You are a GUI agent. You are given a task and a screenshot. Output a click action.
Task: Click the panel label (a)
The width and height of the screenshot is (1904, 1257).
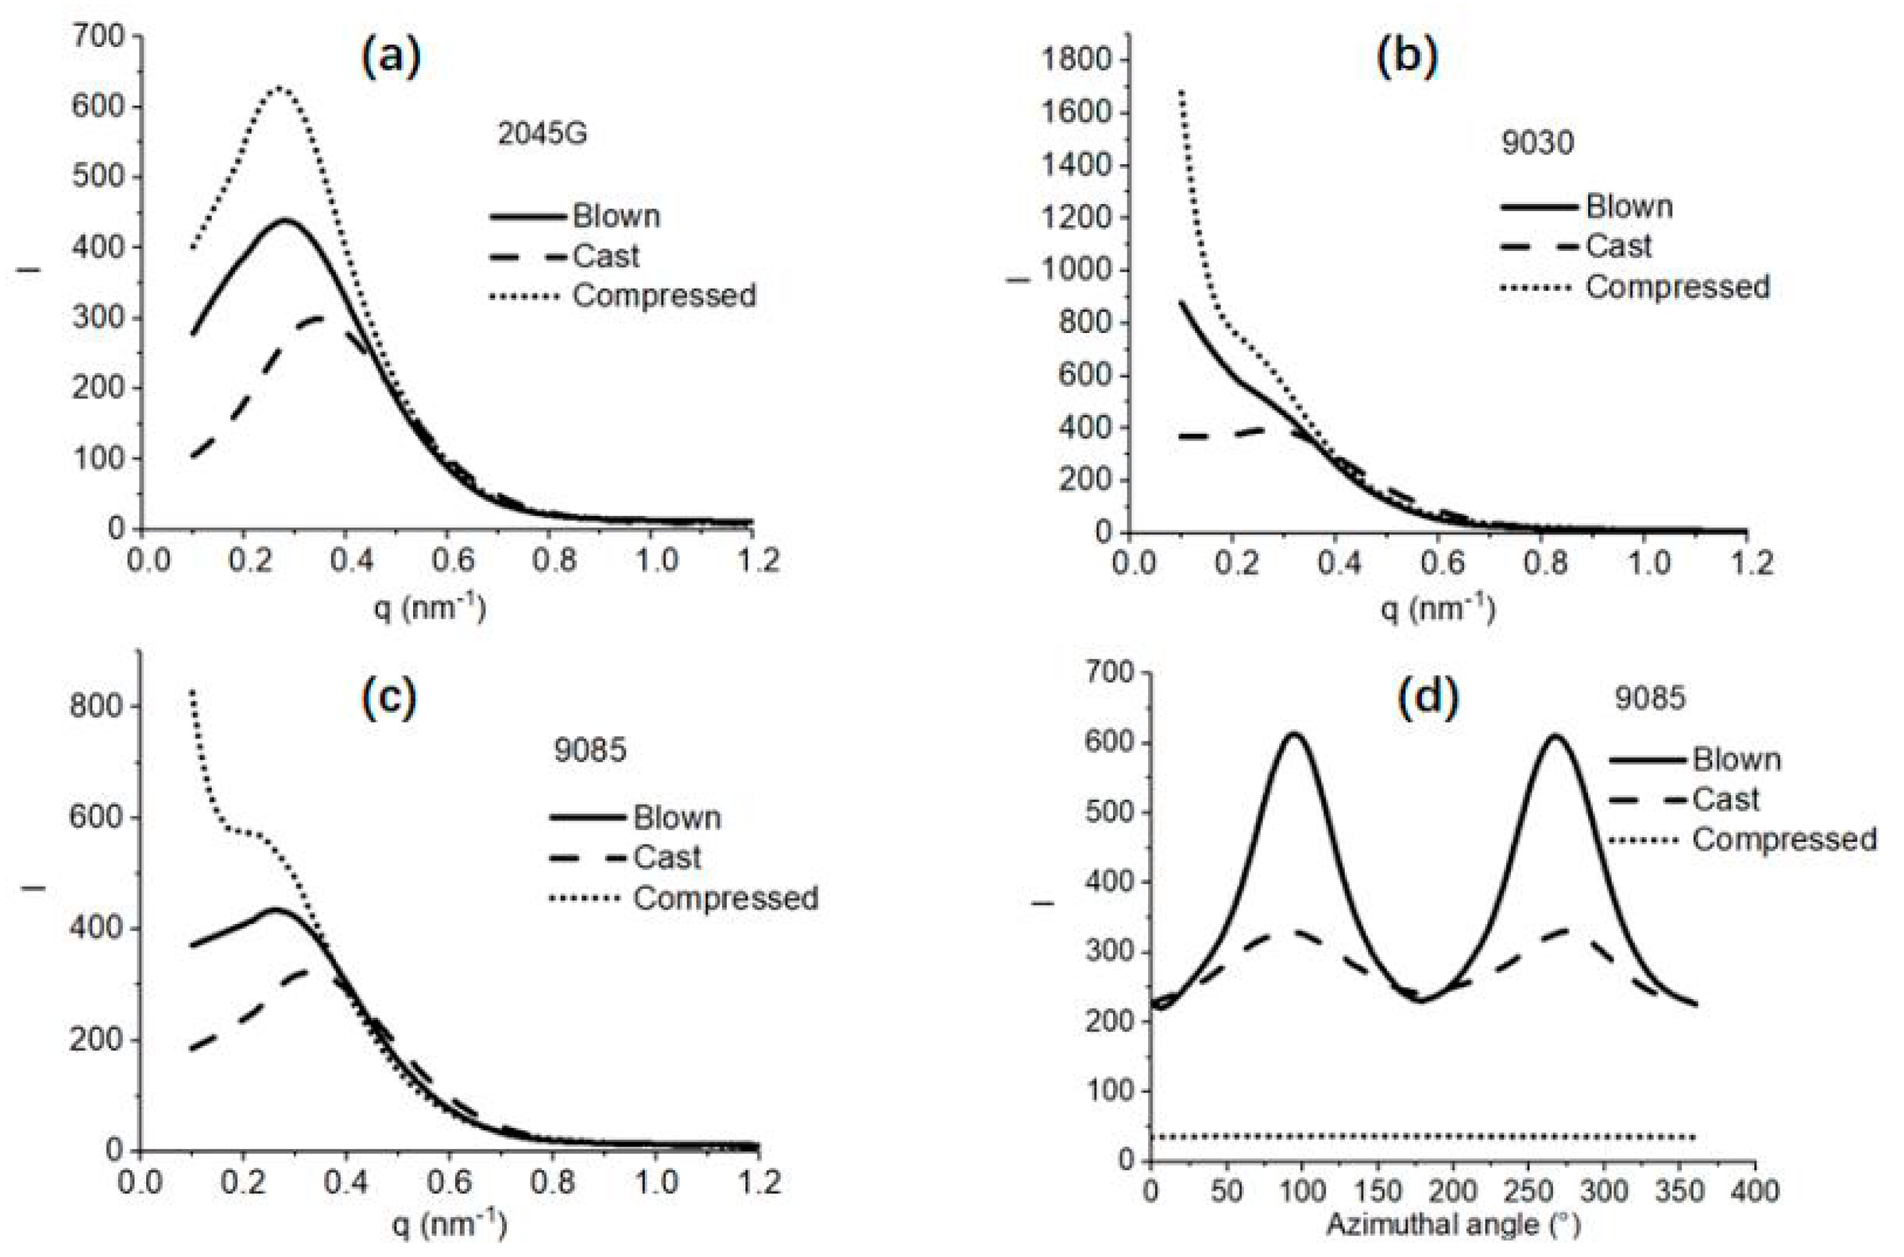pos(390,60)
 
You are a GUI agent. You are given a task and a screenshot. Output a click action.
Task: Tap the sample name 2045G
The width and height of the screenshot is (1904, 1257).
pos(542,134)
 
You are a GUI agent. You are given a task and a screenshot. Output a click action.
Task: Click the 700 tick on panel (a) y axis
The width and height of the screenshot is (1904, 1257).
pos(98,37)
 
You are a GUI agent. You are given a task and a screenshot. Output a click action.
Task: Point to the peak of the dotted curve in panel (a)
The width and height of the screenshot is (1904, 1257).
pos(278,88)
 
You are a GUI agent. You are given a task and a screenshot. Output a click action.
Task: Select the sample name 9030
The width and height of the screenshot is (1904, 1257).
pos(1536,143)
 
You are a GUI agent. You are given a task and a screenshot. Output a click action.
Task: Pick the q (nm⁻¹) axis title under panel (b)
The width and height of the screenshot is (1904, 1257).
pos(1436,611)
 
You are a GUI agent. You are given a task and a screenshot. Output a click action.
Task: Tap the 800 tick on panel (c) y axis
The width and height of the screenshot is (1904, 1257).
pos(97,706)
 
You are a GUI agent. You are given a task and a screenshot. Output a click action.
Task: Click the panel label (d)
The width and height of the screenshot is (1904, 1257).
pos(1427,699)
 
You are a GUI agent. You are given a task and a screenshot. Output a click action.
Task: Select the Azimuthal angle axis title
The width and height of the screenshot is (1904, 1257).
pos(1452,1225)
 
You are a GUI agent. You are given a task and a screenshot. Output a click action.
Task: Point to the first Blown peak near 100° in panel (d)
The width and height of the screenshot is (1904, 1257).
pos(1293,734)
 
